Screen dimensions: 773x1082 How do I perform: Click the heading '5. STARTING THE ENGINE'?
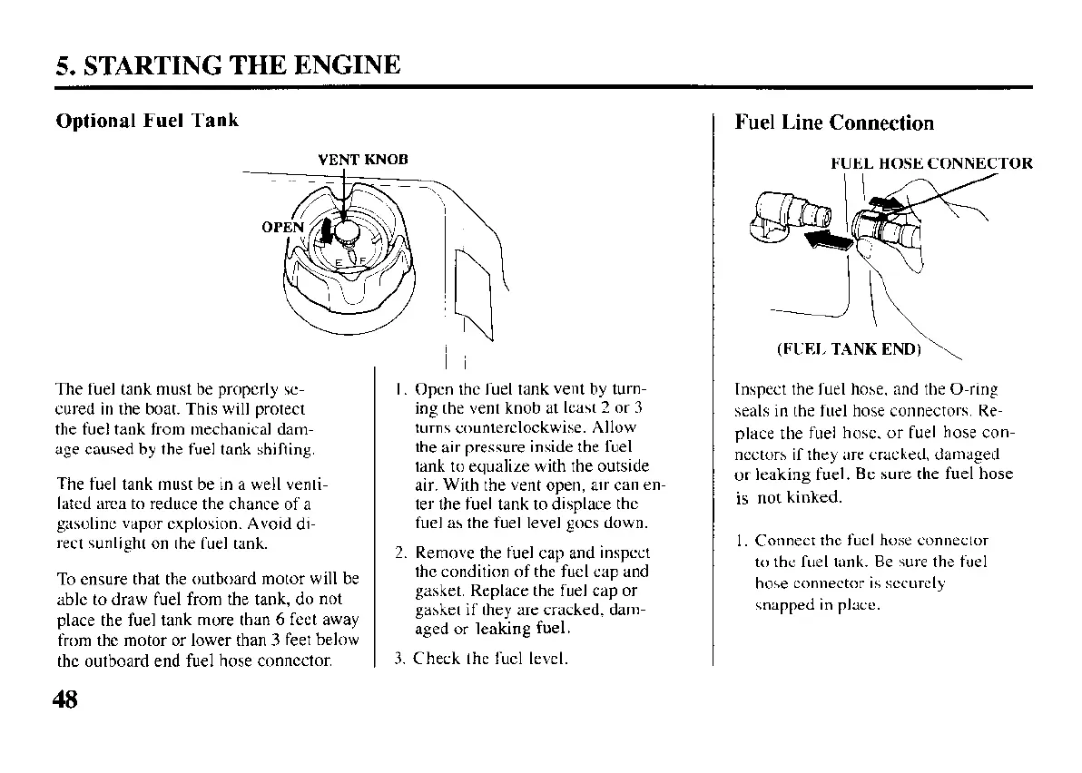pyautogui.click(x=228, y=65)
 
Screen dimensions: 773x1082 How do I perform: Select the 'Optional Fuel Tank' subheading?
pyautogui.click(x=147, y=121)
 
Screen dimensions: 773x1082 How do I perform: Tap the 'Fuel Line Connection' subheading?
pyautogui.click(x=833, y=123)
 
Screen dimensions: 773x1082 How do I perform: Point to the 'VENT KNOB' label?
pyautogui.click(x=363, y=160)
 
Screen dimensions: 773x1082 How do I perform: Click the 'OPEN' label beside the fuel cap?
pyautogui.click(x=280, y=227)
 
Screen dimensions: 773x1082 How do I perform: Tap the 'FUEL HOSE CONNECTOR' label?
pyautogui.click(x=931, y=164)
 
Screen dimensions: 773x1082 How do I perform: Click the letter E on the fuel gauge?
pyautogui.click(x=338, y=261)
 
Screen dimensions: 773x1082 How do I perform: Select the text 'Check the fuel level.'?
pyautogui.click(x=490, y=658)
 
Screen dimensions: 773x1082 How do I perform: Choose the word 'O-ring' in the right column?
pyautogui.click(x=972, y=390)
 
